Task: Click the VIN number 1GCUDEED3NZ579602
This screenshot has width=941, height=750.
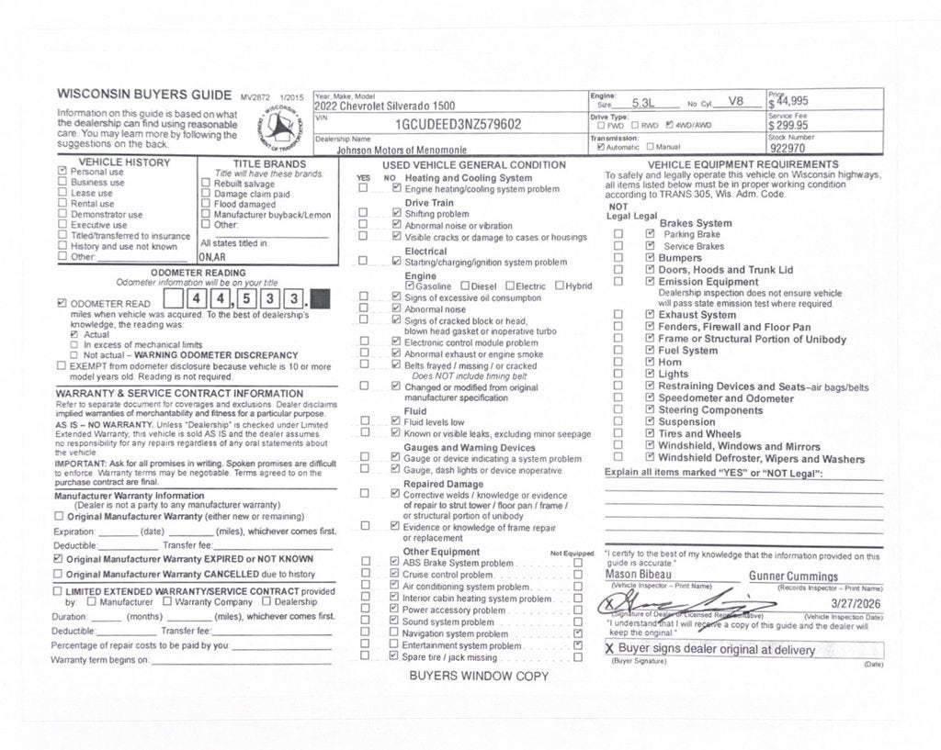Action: coord(458,125)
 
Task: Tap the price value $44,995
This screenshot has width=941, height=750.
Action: coord(790,102)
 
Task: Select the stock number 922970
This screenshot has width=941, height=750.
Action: coord(788,148)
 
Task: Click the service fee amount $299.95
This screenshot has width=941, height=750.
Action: coord(789,126)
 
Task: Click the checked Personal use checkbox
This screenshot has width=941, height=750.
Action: coord(62,171)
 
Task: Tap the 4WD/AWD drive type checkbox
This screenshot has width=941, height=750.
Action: coord(669,125)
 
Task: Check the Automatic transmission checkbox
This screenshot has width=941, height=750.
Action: coord(600,146)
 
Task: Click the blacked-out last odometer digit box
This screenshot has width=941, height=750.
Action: coord(321,299)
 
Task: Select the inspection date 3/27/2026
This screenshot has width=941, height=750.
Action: coord(856,603)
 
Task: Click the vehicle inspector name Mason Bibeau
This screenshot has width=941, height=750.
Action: coord(639,575)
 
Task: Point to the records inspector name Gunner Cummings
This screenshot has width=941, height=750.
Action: coord(793,576)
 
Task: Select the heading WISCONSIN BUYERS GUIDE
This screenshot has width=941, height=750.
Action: coord(144,94)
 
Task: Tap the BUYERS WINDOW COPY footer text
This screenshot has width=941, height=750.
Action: coord(479,677)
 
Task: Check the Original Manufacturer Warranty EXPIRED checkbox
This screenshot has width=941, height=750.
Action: coord(59,558)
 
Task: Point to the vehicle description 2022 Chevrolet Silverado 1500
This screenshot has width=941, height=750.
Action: coord(384,106)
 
